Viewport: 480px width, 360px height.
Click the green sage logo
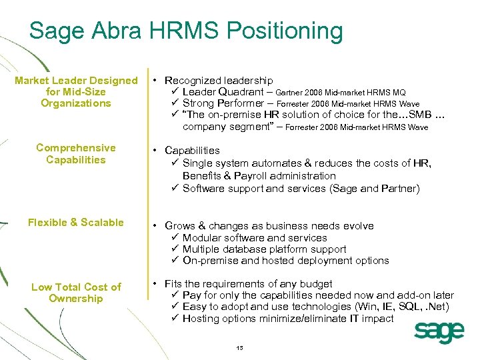point(439,331)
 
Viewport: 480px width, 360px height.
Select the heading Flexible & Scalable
point(75,223)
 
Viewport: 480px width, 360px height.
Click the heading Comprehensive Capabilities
point(75,154)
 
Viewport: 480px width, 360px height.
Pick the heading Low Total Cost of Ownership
point(76,293)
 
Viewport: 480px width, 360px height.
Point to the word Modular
point(203,238)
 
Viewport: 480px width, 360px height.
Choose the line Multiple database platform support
point(264,249)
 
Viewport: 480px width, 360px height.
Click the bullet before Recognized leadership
point(155,80)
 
